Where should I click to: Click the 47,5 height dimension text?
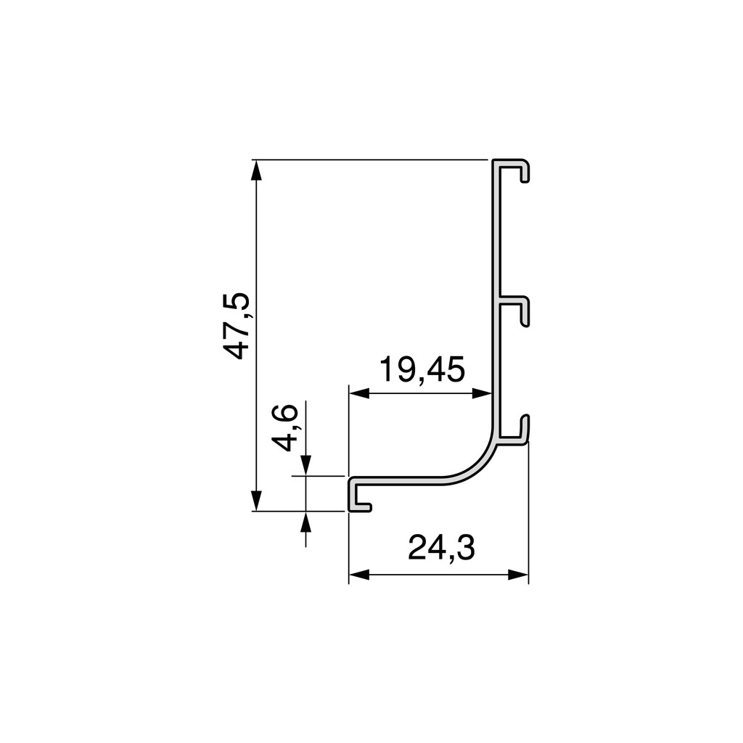tap(237, 326)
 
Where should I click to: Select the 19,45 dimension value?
tap(422, 371)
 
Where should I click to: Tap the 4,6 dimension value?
tap(285, 428)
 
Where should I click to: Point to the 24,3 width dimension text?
tap(441, 549)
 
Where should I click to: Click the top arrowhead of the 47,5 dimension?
tap(255, 170)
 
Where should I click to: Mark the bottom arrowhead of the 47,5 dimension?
tap(255, 500)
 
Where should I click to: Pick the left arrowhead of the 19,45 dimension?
tap(359, 393)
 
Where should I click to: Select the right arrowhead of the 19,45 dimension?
tap(483, 393)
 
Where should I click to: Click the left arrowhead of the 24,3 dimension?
tap(359, 575)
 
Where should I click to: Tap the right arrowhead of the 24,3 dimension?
tap(518, 575)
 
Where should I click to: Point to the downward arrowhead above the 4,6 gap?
tap(305, 464)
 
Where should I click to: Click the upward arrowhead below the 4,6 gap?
tap(305, 522)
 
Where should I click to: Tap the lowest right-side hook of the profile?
tap(517, 432)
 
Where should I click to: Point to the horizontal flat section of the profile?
tap(399, 481)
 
